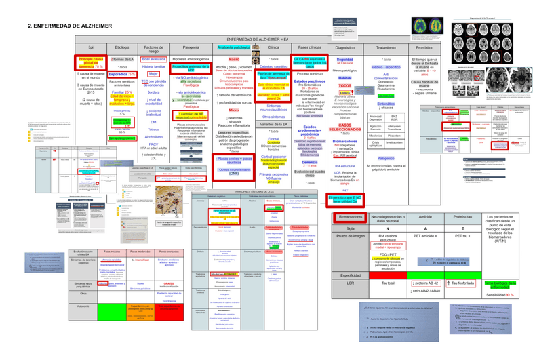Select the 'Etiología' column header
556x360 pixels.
click(x=121, y=48)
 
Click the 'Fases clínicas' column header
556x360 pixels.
click(x=309, y=48)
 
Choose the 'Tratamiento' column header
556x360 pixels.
click(x=386, y=48)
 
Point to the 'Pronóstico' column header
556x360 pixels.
click(x=424, y=48)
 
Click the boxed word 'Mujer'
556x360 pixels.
click(x=155, y=74)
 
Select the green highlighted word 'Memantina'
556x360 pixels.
click(x=386, y=95)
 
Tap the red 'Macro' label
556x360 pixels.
click(x=233, y=59)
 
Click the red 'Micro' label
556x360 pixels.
click(x=233, y=110)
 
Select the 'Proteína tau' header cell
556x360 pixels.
click(x=462, y=216)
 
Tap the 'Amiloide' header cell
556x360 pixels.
click(x=424, y=216)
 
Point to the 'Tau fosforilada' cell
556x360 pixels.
click(x=463, y=283)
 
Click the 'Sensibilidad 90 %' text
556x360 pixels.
click(x=500, y=295)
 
